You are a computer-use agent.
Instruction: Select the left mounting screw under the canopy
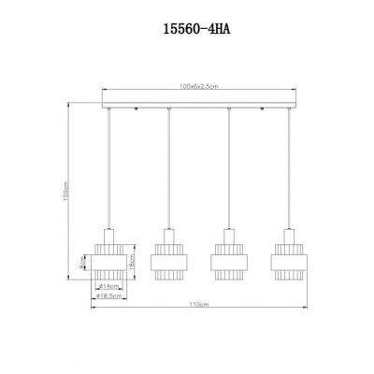tap(137, 109)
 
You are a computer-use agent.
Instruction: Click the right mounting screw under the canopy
tap(259, 109)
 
